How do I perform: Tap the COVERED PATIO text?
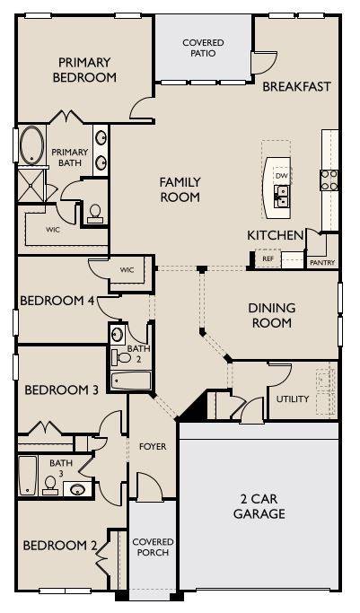click(203, 48)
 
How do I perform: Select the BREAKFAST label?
click(297, 87)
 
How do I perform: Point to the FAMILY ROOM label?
click(180, 189)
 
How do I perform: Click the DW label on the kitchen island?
click(282, 176)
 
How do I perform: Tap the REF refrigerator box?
click(267, 258)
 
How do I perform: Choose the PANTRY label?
click(321, 263)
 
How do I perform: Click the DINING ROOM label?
click(272, 315)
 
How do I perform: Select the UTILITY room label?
click(293, 398)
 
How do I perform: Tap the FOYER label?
click(153, 446)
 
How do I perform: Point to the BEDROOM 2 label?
click(60, 545)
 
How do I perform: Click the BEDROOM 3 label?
click(61, 390)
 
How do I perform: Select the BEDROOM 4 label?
click(57, 300)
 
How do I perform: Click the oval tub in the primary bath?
click(32, 145)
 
